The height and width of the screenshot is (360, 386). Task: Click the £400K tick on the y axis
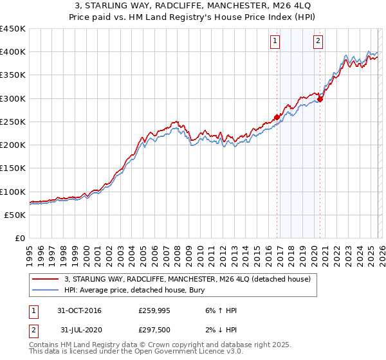tap(13, 51)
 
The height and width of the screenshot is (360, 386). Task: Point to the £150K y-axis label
tap(13, 168)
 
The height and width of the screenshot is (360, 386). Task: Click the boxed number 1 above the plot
tap(275, 41)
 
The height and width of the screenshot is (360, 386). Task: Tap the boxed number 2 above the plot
tap(318, 41)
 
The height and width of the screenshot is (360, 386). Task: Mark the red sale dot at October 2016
tap(277, 117)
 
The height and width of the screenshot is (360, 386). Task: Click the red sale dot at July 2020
tap(320, 99)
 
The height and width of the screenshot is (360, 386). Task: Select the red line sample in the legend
tap(46, 279)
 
